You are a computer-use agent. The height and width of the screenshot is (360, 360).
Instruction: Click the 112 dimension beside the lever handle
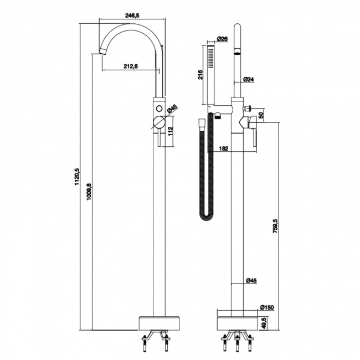171,131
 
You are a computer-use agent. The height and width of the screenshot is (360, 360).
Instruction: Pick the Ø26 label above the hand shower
223,39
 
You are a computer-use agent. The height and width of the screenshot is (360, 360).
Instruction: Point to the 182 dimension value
224,148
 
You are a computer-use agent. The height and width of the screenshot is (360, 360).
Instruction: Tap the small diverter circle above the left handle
160,107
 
